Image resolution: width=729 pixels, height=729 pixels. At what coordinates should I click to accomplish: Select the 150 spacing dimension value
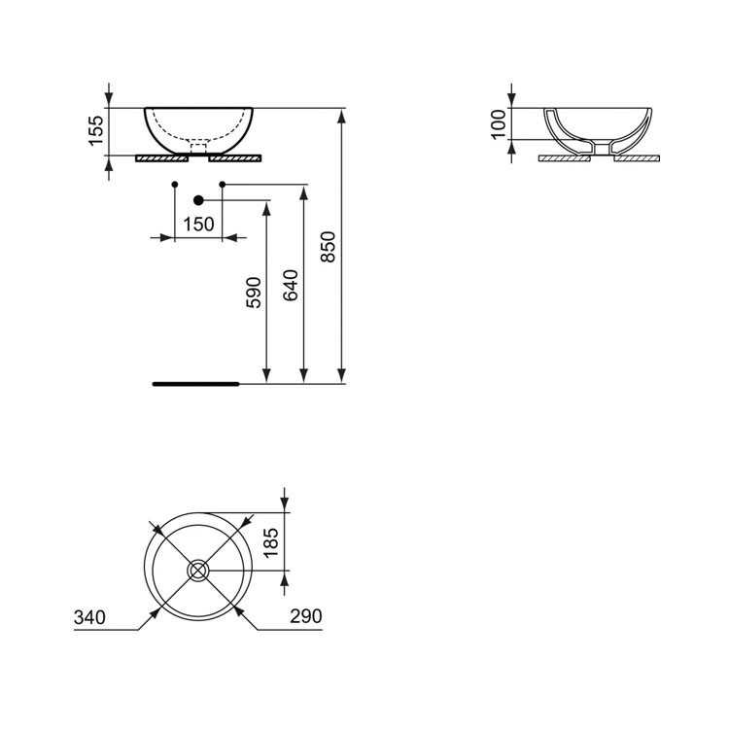[198, 225]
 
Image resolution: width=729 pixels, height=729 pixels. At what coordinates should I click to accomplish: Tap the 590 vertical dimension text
[253, 293]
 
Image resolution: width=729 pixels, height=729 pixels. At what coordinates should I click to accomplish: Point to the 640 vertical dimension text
[291, 285]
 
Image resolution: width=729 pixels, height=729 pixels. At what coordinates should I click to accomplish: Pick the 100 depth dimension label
[500, 123]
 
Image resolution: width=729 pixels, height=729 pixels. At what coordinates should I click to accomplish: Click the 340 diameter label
[89, 617]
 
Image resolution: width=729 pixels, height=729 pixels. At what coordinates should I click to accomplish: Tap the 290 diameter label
[304, 617]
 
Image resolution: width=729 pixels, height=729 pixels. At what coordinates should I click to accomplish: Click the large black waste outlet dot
[198, 200]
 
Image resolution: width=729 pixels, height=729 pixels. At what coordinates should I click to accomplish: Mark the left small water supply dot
[174, 184]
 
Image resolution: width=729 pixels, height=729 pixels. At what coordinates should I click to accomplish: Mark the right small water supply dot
[223, 184]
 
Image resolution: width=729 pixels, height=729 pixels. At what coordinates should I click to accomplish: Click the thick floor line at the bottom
[195, 384]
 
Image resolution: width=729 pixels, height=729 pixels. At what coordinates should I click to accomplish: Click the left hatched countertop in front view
[161, 157]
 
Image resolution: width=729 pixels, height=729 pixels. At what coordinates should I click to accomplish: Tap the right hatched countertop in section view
[637, 157]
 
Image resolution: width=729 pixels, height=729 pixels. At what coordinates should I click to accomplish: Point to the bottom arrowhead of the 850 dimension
[342, 376]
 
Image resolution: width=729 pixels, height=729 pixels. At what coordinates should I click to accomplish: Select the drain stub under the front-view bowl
[198, 148]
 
